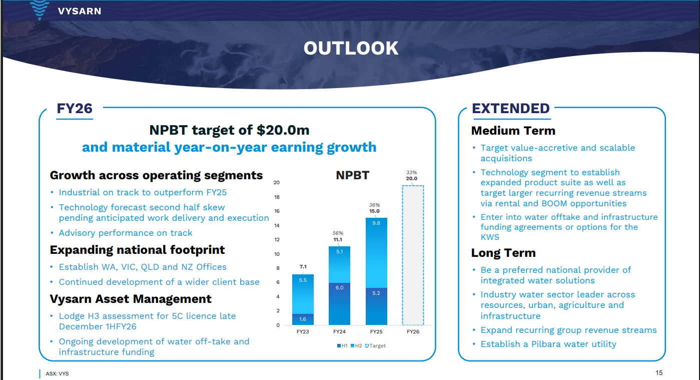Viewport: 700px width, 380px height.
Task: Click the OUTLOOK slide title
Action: click(351, 49)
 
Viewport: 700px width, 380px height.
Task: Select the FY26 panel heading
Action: click(75, 109)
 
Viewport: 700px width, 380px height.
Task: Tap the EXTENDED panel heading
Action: click(511, 109)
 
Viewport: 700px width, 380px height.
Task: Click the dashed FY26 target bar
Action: click(413, 255)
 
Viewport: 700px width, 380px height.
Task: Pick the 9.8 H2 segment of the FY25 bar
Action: click(376, 253)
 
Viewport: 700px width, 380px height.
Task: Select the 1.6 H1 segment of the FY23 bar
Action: click(303, 319)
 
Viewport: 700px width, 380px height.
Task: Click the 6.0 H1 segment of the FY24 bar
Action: click(339, 304)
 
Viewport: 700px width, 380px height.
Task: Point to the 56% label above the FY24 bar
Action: click(338, 233)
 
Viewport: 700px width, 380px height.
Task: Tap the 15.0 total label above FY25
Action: click(374, 211)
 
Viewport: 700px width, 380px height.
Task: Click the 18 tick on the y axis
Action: click(277, 197)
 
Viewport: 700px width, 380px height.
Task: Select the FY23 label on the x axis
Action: click(303, 331)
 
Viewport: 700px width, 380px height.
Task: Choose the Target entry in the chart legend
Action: click(375, 345)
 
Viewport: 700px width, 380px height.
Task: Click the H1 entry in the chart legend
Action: click(342, 345)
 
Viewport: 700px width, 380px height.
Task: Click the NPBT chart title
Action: click(352, 175)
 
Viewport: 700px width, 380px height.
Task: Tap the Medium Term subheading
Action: click(513, 131)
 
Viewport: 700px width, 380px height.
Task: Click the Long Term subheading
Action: click(503, 253)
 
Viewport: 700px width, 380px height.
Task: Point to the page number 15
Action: click(659, 373)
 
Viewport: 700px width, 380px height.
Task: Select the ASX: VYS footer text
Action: click(57, 373)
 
